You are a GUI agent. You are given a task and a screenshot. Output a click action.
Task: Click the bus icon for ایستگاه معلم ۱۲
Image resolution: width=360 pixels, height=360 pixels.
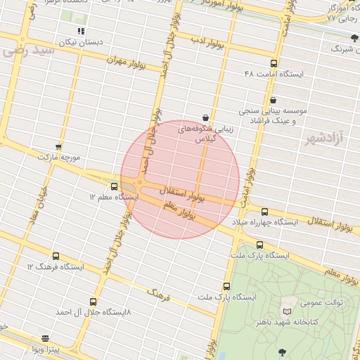click(x=115, y=186)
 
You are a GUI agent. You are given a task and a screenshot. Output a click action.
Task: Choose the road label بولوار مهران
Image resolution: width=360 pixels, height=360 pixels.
click(x=127, y=63)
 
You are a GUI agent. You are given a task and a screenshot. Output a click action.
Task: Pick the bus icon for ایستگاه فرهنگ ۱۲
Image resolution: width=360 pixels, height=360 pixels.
click(x=56, y=256)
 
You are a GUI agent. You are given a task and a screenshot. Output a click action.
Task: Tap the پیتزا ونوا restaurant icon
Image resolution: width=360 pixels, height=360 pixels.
click(x=46, y=338)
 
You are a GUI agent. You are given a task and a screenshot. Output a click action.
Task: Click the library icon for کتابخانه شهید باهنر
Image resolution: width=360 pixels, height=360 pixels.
click(x=286, y=311)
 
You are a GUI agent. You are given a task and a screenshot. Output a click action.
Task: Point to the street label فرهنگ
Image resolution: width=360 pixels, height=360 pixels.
click(x=158, y=291)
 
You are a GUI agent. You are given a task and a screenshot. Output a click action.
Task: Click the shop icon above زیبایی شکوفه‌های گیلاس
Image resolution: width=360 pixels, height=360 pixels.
click(x=205, y=117)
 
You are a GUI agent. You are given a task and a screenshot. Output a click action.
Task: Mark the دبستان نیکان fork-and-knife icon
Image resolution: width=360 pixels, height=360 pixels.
click(x=82, y=32)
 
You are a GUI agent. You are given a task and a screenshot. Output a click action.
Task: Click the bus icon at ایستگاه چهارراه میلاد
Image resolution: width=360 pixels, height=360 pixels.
click(x=264, y=212)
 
